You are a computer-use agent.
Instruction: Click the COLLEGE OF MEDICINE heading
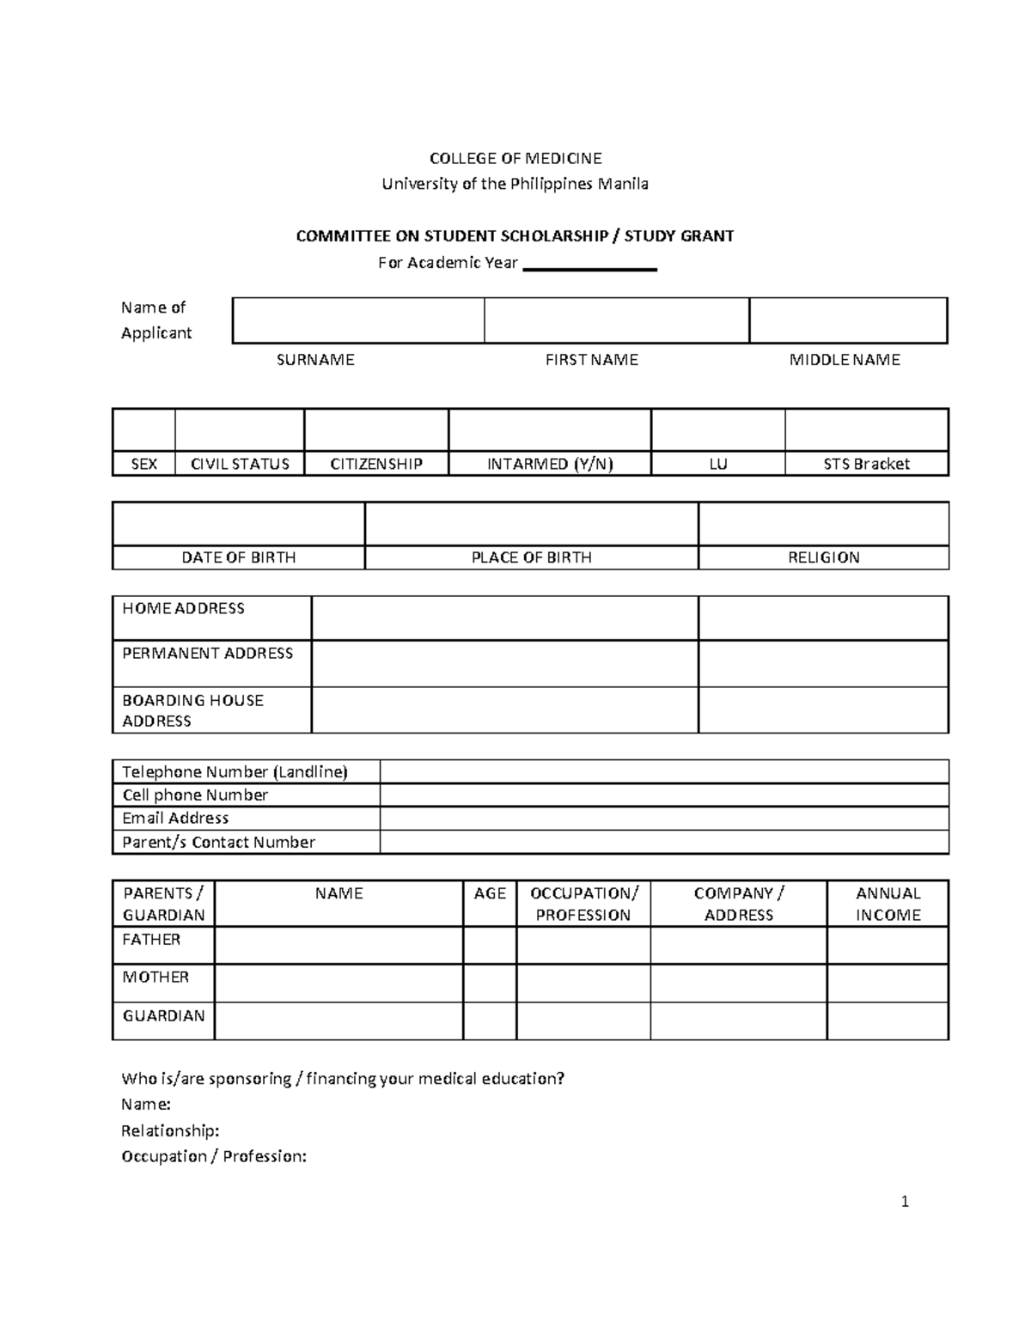(515, 158)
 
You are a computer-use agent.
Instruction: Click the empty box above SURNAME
(358, 320)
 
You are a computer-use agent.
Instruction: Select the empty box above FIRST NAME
(616, 320)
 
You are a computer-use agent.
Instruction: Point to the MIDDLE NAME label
(845, 360)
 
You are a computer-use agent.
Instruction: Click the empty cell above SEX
(143, 429)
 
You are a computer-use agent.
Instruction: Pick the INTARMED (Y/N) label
(550, 464)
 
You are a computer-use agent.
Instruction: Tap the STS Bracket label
(866, 464)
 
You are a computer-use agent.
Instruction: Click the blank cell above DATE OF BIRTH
(238, 523)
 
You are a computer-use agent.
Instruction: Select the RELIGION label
(823, 557)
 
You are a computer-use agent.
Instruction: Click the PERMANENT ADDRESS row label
(207, 654)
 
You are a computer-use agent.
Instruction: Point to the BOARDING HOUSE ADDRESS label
(192, 710)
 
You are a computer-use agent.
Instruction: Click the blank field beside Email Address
(663, 819)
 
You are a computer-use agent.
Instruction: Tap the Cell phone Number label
(195, 795)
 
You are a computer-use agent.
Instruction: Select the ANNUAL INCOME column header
(888, 904)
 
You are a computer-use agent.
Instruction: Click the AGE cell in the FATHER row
(490, 945)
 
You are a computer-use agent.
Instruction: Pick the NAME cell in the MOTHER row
(339, 983)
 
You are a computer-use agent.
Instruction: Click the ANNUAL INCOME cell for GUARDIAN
(888, 1021)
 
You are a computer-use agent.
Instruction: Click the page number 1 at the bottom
(905, 1202)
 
